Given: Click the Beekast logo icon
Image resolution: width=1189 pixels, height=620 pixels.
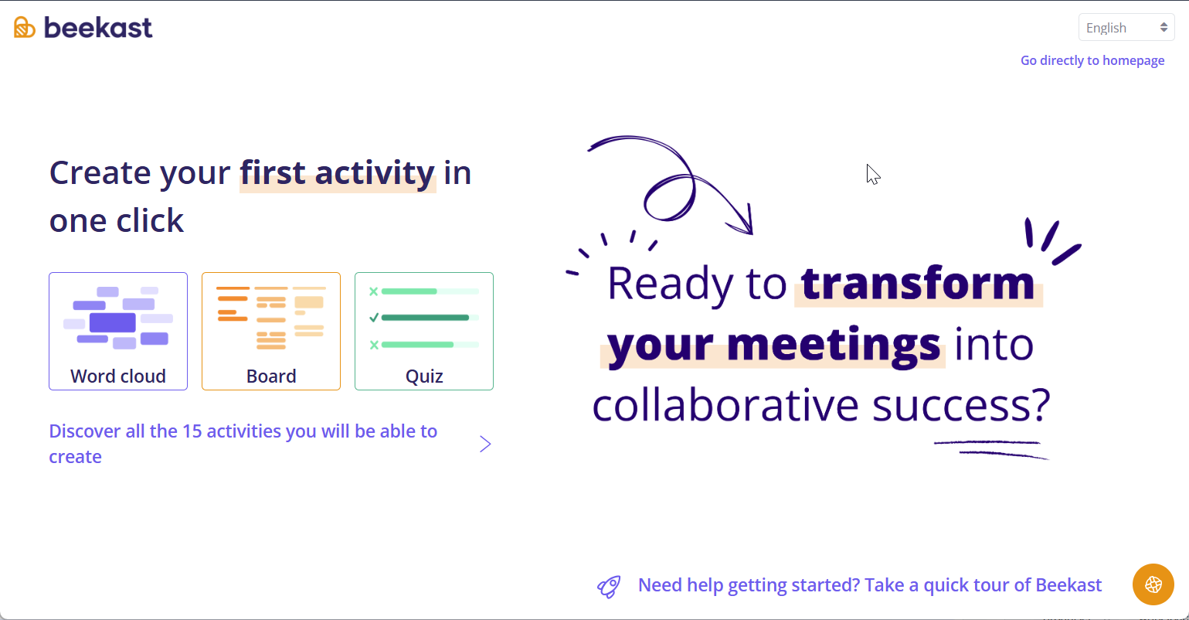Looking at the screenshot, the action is [x=25, y=27].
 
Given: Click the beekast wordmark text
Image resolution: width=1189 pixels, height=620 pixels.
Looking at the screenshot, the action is [x=98, y=28].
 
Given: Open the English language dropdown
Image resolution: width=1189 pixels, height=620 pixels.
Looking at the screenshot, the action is [x=1126, y=28].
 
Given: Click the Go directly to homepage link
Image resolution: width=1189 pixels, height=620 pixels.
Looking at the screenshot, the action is [x=1092, y=60].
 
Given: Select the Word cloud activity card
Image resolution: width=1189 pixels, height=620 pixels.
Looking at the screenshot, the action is [x=118, y=332].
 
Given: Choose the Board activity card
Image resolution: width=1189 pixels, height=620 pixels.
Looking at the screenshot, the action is [x=270, y=332].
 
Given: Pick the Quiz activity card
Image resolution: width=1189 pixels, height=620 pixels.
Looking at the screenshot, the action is [x=423, y=332].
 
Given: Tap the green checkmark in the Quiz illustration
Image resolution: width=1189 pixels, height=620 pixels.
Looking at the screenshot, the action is [x=374, y=318].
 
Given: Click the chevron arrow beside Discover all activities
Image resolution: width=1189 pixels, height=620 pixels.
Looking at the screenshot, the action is [x=485, y=445].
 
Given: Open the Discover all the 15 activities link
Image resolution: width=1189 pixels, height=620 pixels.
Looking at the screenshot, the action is [x=243, y=445].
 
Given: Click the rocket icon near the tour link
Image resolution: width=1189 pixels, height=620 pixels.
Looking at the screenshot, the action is [x=609, y=587].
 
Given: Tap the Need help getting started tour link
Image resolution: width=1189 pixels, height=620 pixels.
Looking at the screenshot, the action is [x=869, y=585].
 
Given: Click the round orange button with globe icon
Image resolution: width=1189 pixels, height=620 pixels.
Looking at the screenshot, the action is [x=1153, y=584].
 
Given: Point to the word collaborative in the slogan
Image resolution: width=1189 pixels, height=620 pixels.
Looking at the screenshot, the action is [x=725, y=405].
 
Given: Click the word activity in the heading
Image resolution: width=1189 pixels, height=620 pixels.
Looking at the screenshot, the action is [x=375, y=172].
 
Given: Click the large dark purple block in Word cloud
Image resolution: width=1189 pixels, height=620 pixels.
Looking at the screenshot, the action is [x=113, y=322].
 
